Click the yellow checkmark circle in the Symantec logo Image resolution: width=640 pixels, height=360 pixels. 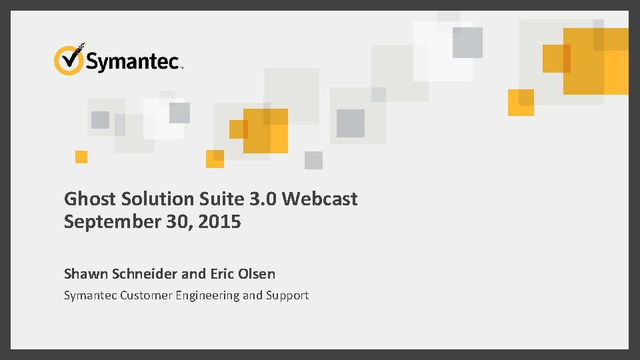pyautogui.click(x=68, y=60)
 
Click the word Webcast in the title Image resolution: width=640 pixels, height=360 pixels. pyautogui.click(x=320, y=199)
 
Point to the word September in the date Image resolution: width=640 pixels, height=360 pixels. pyautogui.click(x=111, y=222)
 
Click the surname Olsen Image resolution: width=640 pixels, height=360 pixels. pyautogui.click(x=257, y=273)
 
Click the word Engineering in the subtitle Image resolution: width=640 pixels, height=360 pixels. pyautogui.click(x=207, y=295)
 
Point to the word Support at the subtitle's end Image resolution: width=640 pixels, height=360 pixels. pyautogui.click(x=287, y=295)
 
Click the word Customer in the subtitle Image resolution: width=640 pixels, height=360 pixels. pyautogui.click(x=146, y=295)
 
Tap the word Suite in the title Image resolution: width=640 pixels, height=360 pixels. pyautogui.click(x=225, y=199)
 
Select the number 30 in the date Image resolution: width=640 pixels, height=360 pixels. pyautogui.click(x=175, y=222)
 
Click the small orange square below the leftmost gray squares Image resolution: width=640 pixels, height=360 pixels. pyautogui.click(x=81, y=157)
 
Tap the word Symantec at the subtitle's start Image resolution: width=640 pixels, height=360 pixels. pyautogui.click(x=90, y=295)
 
